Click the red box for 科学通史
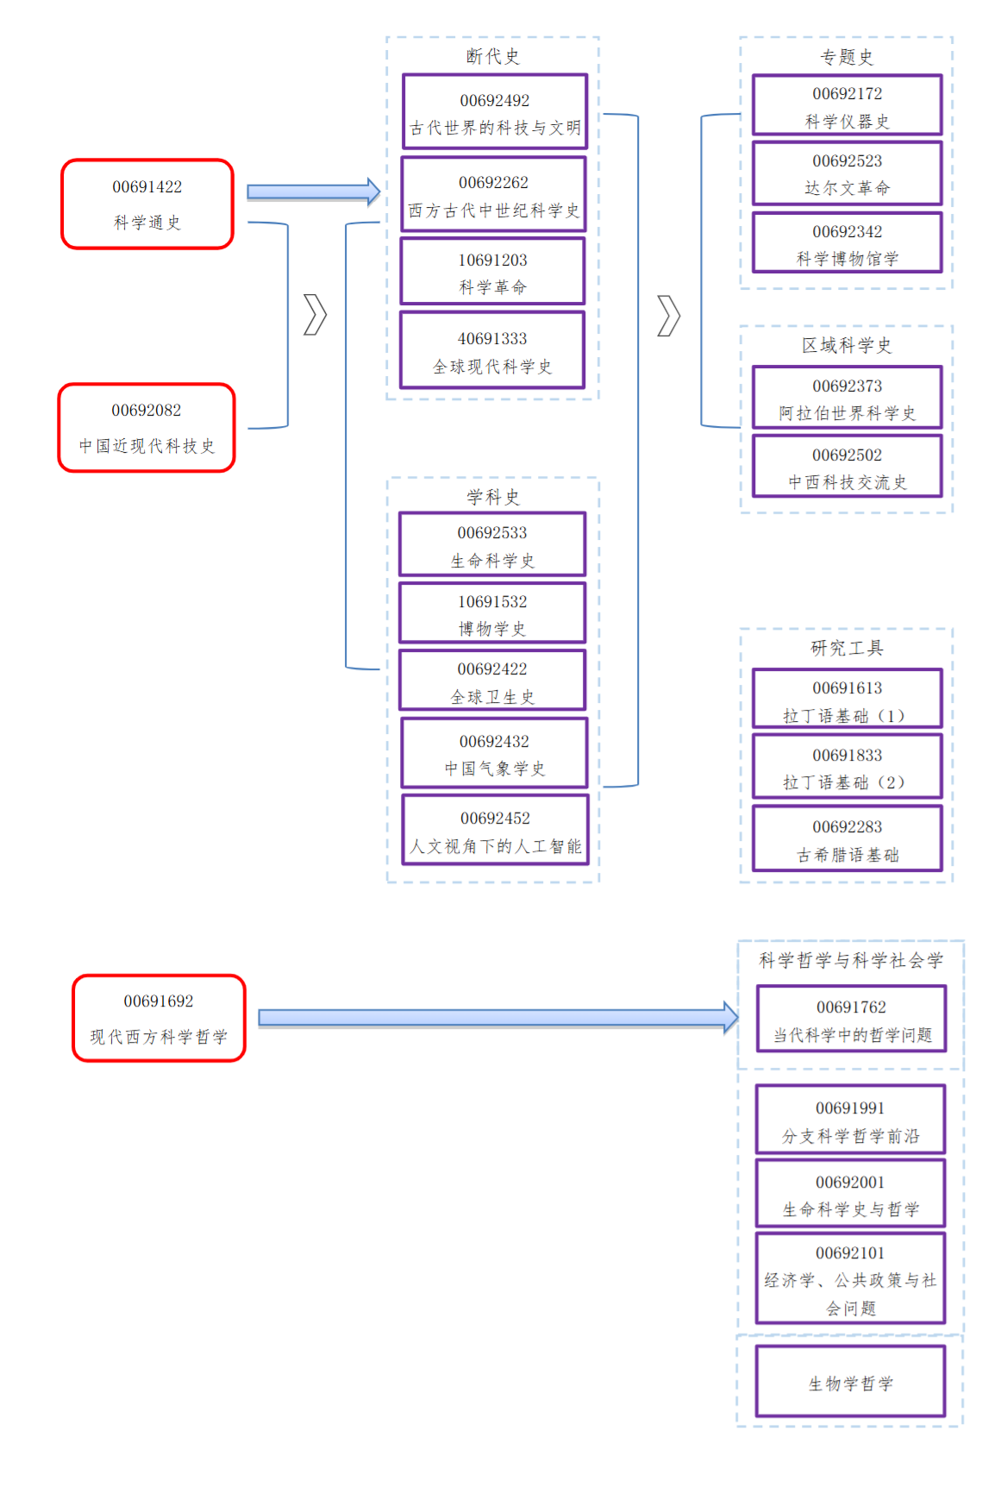pos(147,204)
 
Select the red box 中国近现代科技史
pos(147,428)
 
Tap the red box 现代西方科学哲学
pos(159,1019)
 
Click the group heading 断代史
pos(493,57)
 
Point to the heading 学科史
pos(493,497)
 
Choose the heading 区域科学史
pos(846,346)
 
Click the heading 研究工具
pos(846,648)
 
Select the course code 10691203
pos(492,260)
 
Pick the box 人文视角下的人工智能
pos(495,830)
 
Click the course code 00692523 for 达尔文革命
pos(847,161)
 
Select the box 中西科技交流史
pos(847,467)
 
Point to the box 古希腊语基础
pos(847,838)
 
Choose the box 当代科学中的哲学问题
pos(851,1019)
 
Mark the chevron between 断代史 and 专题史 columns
pos(668,316)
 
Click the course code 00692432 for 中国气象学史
pos(494,742)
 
